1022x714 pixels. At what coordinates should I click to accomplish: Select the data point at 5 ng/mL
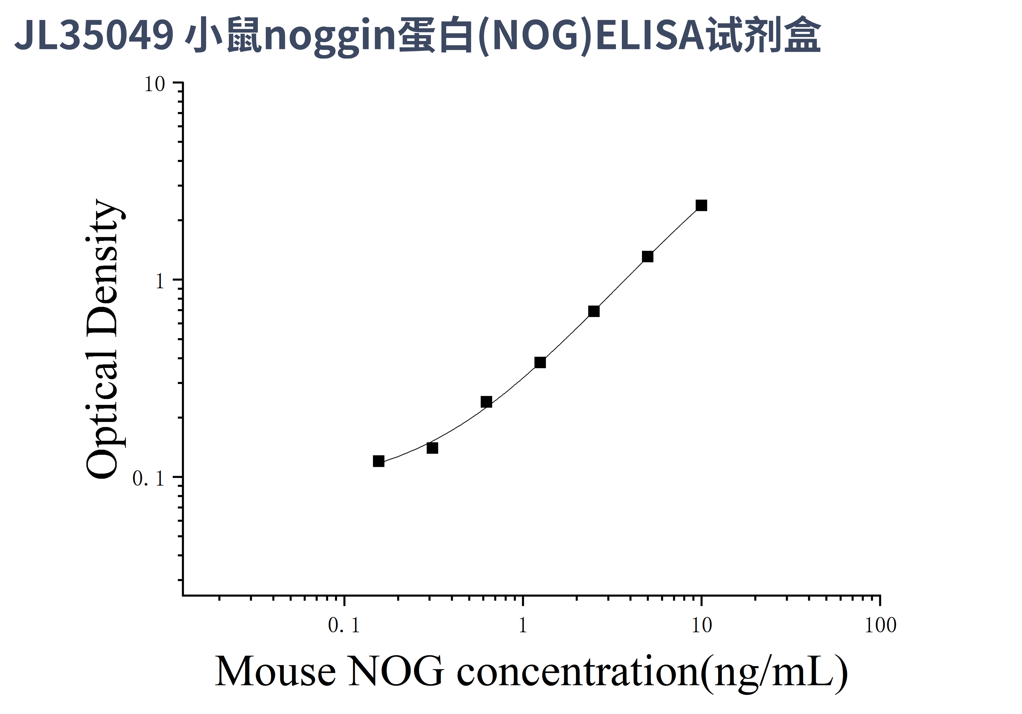tap(648, 257)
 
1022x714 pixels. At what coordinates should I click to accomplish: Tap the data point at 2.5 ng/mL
tap(594, 311)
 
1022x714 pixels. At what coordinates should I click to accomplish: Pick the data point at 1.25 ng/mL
tap(540, 363)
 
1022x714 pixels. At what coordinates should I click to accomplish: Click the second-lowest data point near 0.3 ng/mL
tap(432, 448)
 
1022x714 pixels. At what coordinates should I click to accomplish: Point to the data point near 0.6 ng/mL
tap(486, 402)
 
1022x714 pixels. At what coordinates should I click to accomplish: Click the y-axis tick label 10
tap(155, 84)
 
